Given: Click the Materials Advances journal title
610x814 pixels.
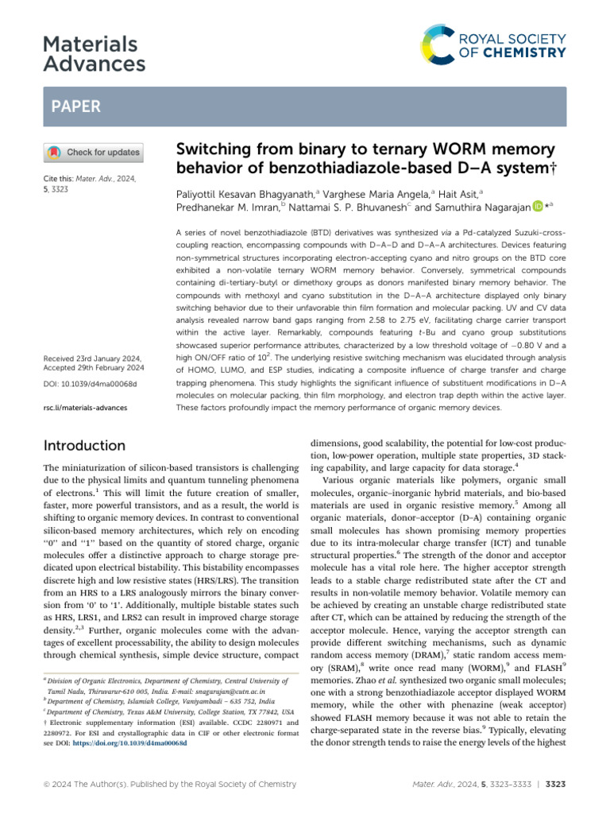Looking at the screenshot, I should pyautogui.click(x=95, y=53).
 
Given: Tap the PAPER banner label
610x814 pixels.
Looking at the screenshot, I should pyautogui.click(x=75, y=107).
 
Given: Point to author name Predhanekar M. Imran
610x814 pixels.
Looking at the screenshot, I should pyautogui.click(x=226, y=208).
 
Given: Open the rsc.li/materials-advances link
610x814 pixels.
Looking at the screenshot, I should pyautogui.click(x=83, y=408).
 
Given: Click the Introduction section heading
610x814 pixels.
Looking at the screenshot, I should pyautogui.click(x=85, y=445).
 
